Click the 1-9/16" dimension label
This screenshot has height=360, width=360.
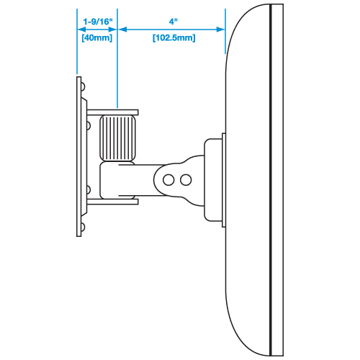(98, 22)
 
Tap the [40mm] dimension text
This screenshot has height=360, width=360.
(97, 37)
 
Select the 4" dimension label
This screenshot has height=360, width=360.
(173, 22)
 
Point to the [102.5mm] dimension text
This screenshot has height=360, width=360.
(174, 37)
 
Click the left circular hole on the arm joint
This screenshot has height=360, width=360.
(168, 180)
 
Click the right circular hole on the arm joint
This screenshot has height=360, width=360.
(186, 180)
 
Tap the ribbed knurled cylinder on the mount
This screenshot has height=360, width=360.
(117, 138)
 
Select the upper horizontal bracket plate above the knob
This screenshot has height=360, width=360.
(112, 112)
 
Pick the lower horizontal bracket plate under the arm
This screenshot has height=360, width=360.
(112, 202)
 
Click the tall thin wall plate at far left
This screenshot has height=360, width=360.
(78, 156)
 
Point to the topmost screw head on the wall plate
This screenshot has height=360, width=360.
(83, 86)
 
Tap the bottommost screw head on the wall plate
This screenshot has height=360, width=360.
(83, 227)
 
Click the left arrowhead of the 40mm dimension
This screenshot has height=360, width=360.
(81, 30)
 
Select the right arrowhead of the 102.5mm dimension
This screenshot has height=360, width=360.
(220, 30)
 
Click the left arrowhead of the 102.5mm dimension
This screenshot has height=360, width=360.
(122, 30)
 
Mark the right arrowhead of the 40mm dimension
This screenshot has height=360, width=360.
(112, 30)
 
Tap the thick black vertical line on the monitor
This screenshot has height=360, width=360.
(271, 180)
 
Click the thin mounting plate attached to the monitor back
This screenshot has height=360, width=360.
(224, 180)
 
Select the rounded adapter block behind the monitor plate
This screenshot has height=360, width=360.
(213, 180)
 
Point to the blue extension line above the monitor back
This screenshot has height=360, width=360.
(225, 31)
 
